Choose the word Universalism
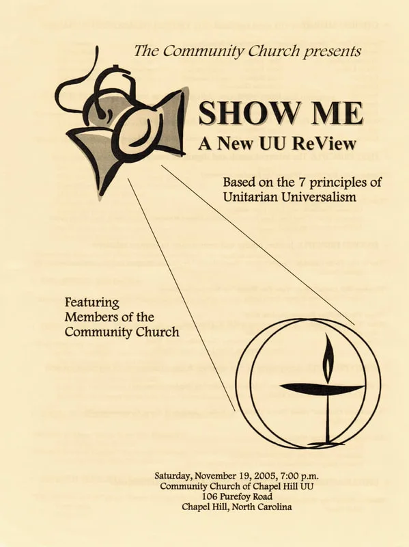click(319, 197)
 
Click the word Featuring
click(92, 302)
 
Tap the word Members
click(89, 317)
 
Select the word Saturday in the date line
click(173, 476)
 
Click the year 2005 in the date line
click(266, 476)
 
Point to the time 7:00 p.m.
click(300, 476)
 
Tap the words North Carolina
click(262, 507)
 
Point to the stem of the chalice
click(328, 418)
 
